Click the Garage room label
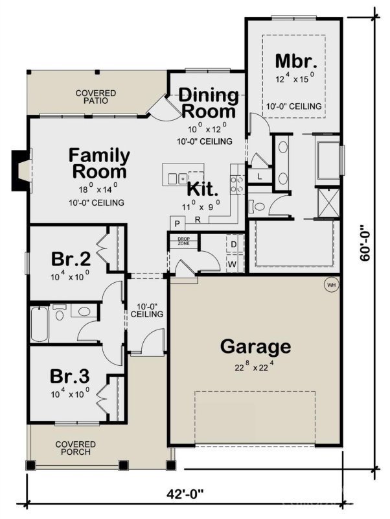click(255, 346)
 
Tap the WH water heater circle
click(331, 284)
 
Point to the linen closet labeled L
click(259, 176)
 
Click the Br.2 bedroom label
click(70, 258)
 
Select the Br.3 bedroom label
click(70, 376)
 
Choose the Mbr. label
click(295, 62)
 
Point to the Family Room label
click(99, 164)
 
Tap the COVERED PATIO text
click(95, 97)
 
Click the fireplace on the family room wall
click(21, 171)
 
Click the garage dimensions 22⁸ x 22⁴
click(255, 367)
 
